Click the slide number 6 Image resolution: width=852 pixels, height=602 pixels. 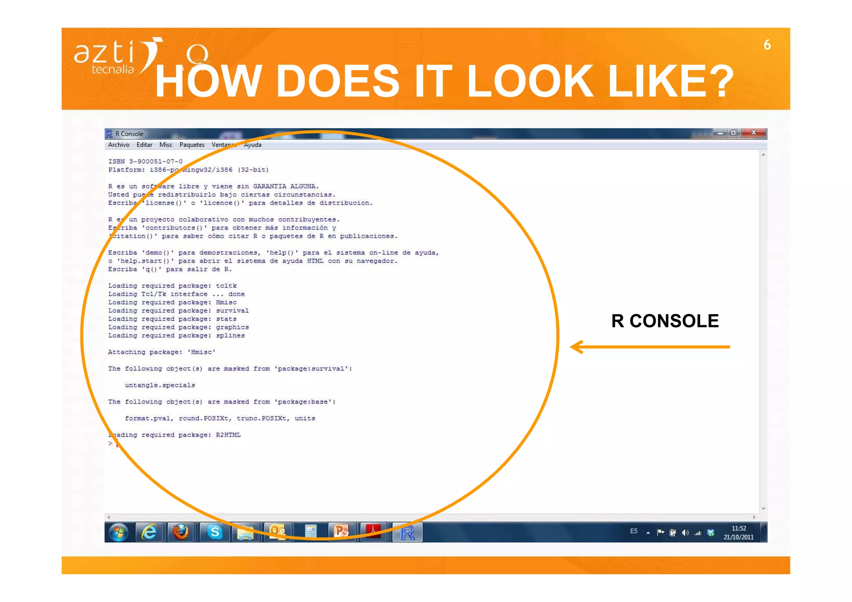coord(767,45)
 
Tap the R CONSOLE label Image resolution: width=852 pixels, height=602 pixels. coord(665,321)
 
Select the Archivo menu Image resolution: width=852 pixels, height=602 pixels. coord(119,145)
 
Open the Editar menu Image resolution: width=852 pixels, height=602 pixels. coord(144,145)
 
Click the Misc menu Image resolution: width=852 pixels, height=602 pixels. coord(166,145)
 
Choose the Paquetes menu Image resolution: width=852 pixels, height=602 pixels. coord(192,145)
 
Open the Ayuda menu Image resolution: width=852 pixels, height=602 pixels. coord(253,145)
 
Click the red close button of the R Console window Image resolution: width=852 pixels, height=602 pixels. coord(753,133)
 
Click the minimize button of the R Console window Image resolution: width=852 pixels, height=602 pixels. coord(720,133)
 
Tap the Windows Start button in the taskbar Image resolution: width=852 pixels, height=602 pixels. coord(119,532)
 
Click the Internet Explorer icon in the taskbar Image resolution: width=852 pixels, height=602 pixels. coord(149,532)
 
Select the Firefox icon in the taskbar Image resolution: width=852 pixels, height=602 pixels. coord(181,532)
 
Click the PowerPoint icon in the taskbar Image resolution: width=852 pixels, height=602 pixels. coord(341,532)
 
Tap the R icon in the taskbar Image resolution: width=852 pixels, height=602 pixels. coord(407,533)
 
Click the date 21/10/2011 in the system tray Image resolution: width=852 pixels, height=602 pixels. coord(738,537)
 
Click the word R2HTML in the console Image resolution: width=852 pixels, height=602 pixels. coord(228,435)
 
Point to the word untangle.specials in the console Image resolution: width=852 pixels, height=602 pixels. coord(160,385)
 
